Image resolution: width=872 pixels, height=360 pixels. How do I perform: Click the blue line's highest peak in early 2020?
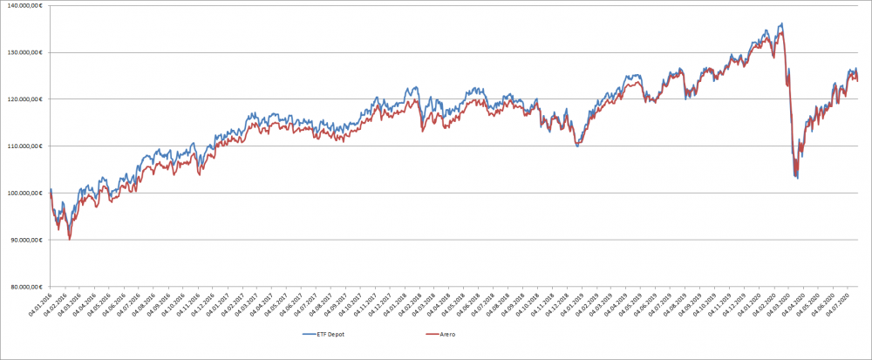click(781, 24)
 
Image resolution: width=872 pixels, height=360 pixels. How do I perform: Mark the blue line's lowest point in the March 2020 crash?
click(797, 178)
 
